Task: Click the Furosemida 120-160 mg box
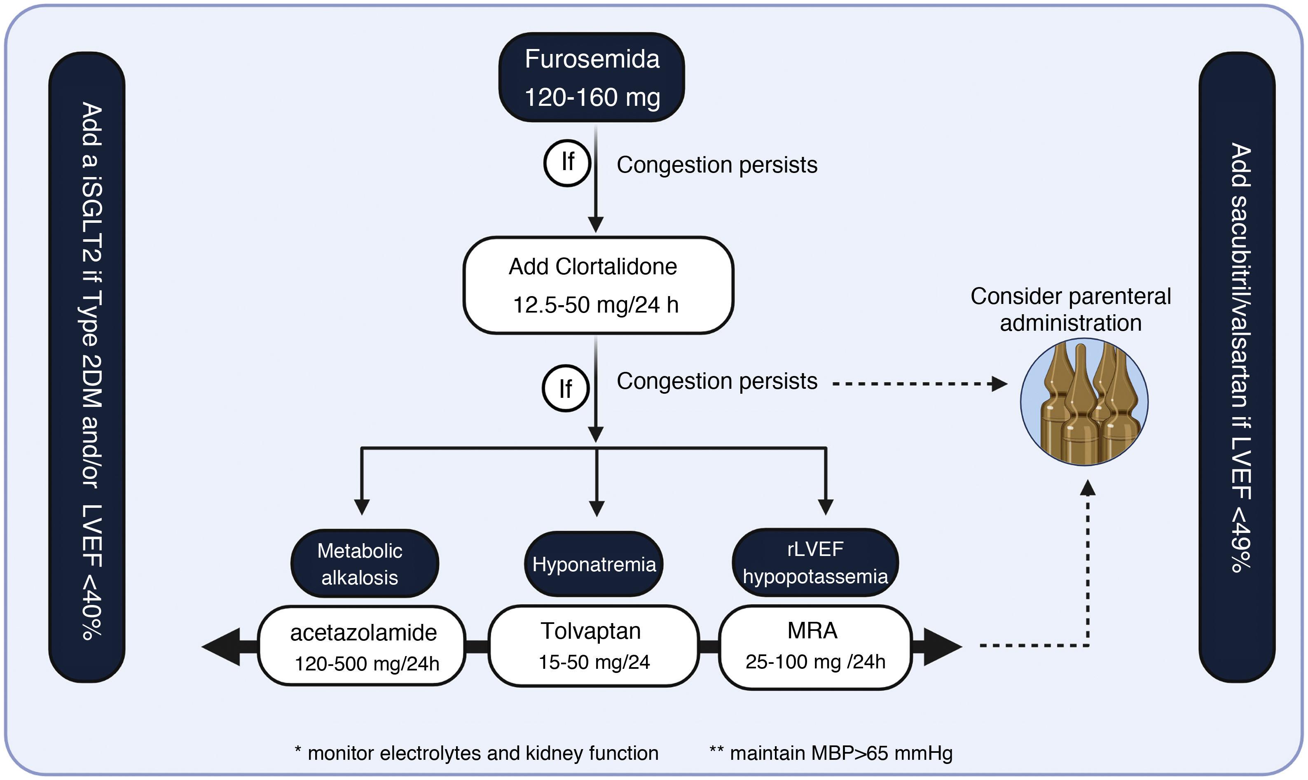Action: [x=592, y=77]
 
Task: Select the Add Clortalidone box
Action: [x=598, y=285]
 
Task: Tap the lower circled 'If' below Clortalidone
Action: [x=565, y=388]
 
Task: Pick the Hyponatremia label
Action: [x=594, y=564]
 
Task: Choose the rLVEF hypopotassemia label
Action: [x=815, y=563]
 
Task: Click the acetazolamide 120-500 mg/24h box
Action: [x=362, y=646]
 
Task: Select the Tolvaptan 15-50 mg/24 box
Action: [x=594, y=646]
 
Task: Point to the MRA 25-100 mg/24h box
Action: [x=815, y=646]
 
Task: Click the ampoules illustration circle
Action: [x=1084, y=402]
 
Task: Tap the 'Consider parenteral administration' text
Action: [x=1070, y=310]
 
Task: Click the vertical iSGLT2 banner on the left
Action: [x=87, y=367]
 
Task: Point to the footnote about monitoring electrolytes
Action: [x=476, y=753]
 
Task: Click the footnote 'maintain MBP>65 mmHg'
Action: [x=831, y=753]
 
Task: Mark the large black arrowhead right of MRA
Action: [x=941, y=647]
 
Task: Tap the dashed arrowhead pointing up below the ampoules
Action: [x=1087, y=489]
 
